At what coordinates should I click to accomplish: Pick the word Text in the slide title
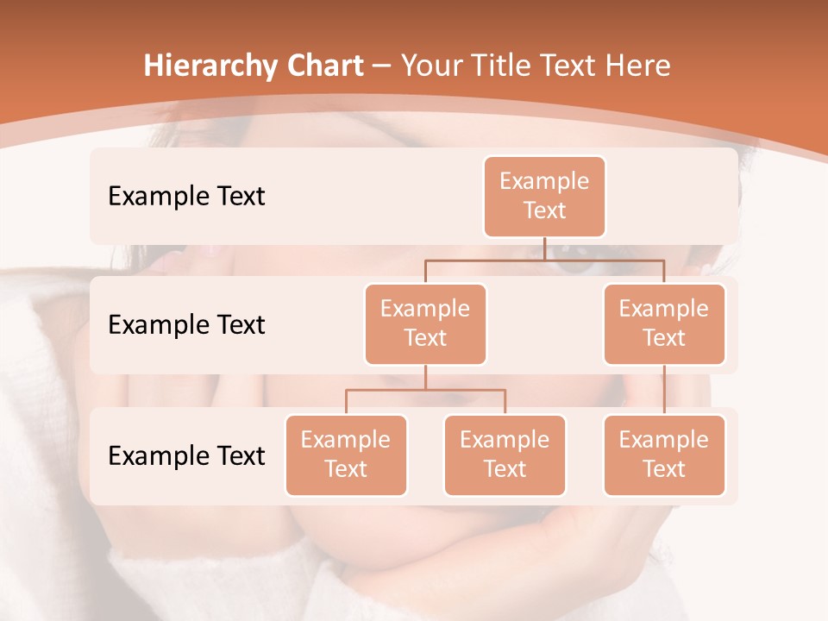568,66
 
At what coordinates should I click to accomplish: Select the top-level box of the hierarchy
544,196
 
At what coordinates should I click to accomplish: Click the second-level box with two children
425,323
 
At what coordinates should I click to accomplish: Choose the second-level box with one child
664,323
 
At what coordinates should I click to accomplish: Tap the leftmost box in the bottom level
346,455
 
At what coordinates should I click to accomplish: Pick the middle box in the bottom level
505,455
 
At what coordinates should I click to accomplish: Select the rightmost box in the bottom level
664,455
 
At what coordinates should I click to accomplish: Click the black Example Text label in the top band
186,196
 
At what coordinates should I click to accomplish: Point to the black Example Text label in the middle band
186,324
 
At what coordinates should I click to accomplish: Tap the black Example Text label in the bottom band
186,455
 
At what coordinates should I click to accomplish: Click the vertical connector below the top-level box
544,248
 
